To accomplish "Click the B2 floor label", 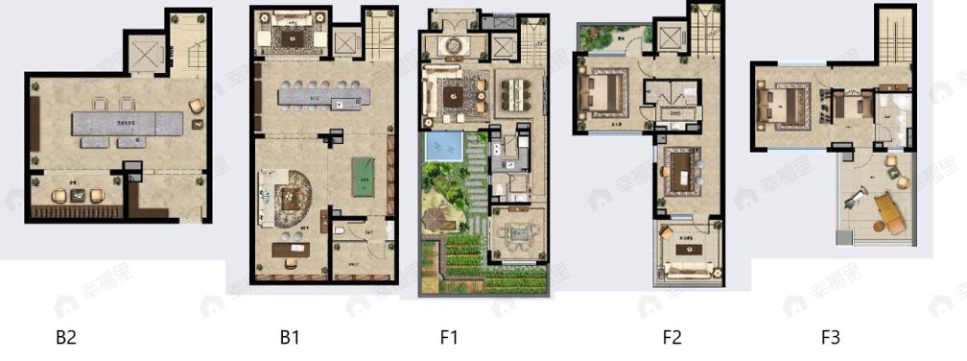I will point(65,338).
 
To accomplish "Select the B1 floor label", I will point(290,338).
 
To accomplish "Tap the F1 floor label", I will point(450,338).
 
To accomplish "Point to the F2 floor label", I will point(672,338).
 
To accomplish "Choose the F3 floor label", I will point(831,338).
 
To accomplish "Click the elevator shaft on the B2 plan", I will point(145,52).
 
